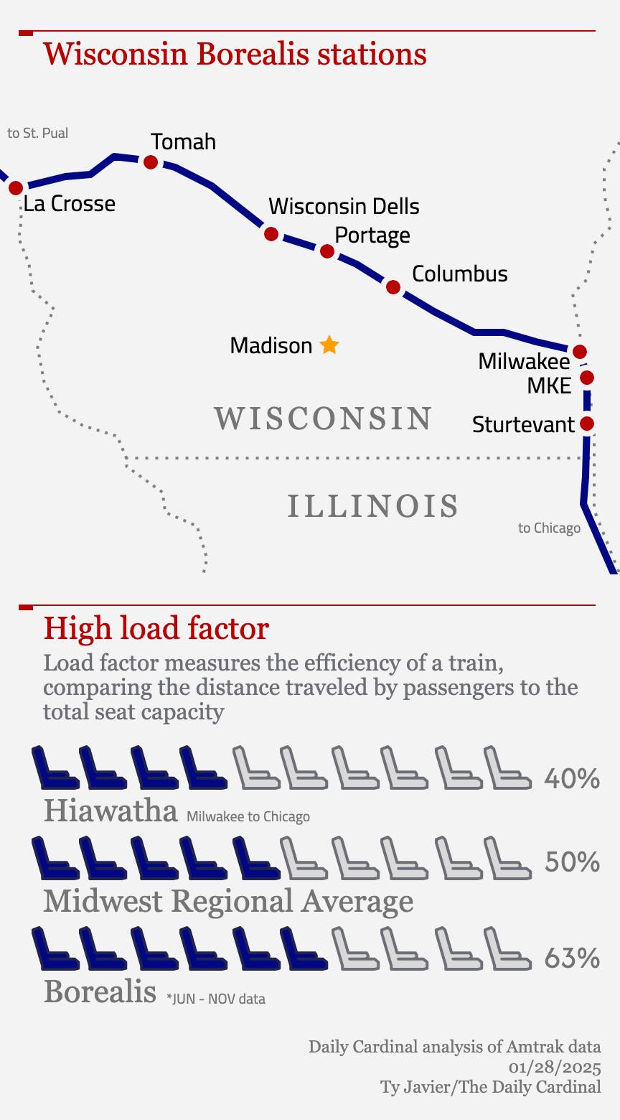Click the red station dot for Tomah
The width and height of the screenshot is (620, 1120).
pyautogui.click(x=151, y=162)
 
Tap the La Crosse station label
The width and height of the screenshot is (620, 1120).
pyautogui.click(x=70, y=204)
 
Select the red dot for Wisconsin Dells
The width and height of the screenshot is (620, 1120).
pyautogui.click(x=271, y=233)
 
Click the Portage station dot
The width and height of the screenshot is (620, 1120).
pyautogui.click(x=327, y=251)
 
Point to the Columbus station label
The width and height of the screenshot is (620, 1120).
pyautogui.click(x=460, y=274)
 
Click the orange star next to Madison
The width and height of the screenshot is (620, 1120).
pyautogui.click(x=329, y=345)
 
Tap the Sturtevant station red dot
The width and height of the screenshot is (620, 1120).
pyautogui.click(x=587, y=424)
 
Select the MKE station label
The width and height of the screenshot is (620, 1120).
pyautogui.click(x=549, y=386)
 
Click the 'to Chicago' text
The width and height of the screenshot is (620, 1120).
pyautogui.click(x=549, y=528)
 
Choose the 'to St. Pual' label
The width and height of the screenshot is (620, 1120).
pyautogui.click(x=38, y=133)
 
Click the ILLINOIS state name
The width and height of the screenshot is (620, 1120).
pyautogui.click(x=373, y=506)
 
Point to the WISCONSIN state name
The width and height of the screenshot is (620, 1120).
pyautogui.click(x=323, y=419)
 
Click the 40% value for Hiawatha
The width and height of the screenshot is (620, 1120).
pyautogui.click(x=572, y=778)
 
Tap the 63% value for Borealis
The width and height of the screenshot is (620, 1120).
pyautogui.click(x=572, y=958)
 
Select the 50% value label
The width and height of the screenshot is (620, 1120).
pyautogui.click(x=572, y=862)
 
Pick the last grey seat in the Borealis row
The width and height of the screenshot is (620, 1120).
pyautogui.click(x=507, y=948)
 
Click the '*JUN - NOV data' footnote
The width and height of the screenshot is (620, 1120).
pyautogui.click(x=216, y=999)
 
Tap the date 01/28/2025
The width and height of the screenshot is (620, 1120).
pyautogui.click(x=555, y=1067)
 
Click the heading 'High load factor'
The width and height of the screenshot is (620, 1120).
pyautogui.click(x=156, y=628)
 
